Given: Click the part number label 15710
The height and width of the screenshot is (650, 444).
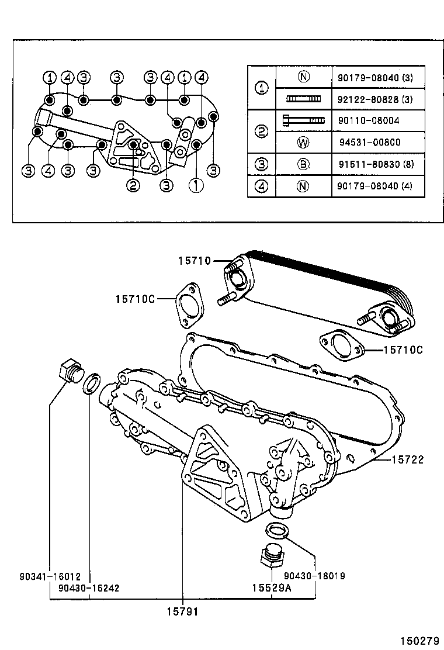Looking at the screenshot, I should (x=195, y=261).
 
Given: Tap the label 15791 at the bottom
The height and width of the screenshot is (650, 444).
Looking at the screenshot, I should (x=183, y=611).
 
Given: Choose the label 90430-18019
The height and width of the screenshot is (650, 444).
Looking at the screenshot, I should (x=314, y=576).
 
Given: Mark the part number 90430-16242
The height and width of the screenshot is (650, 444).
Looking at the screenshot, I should (x=89, y=587).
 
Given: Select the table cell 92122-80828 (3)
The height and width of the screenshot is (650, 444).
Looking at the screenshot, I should (x=374, y=99).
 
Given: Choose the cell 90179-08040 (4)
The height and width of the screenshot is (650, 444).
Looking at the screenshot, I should (x=374, y=186).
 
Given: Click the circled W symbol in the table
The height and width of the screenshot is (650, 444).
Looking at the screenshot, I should (x=303, y=142).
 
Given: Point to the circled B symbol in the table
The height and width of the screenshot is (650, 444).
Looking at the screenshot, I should (x=303, y=164).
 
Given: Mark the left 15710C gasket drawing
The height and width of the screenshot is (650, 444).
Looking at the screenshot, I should (x=187, y=304).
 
